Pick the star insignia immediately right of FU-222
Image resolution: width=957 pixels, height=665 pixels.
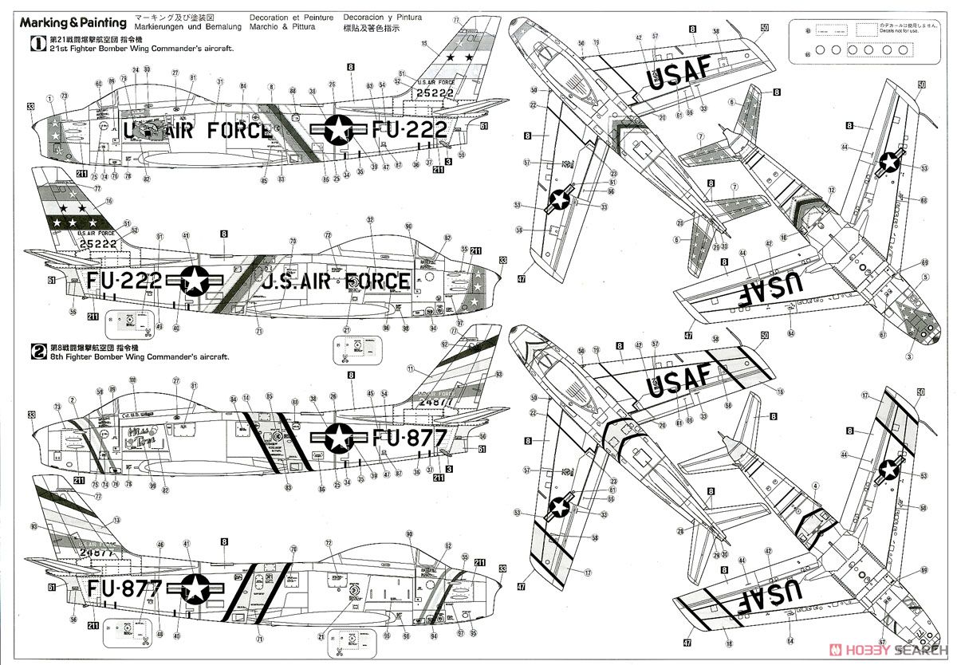coord(194,280)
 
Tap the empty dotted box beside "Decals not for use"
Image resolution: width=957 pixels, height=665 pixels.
coord(865,30)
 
